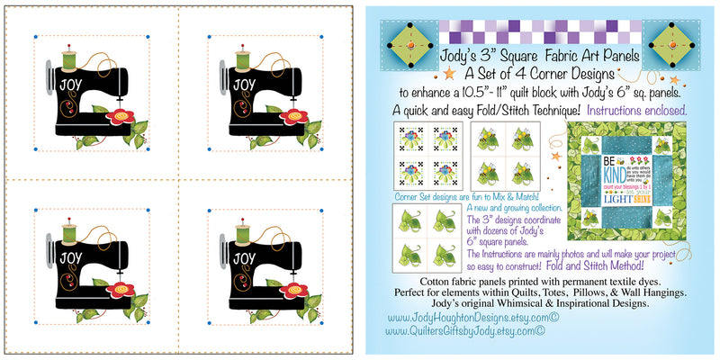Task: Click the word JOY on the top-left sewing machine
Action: coord(70,85)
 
